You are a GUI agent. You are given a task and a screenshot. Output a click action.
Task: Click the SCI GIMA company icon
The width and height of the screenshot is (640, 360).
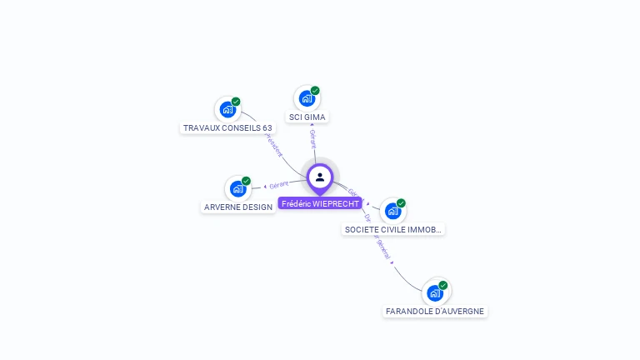pyautogui.click(x=307, y=98)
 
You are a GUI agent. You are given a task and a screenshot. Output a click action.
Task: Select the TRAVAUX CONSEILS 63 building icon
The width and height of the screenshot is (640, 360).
pyautogui.click(x=227, y=109)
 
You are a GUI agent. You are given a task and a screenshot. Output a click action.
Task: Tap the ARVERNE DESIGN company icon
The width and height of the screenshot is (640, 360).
pyautogui.click(x=237, y=188)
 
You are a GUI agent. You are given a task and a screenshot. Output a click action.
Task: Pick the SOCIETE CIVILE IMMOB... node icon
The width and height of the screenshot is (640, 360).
pyautogui.click(x=392, y=211)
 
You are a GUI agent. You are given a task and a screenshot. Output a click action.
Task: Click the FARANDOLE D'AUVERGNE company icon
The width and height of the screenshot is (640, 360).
pyautogui.click(x=434, y=292)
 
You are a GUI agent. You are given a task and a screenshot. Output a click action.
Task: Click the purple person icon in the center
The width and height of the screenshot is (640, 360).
pyautogui.click(x=320, y=177)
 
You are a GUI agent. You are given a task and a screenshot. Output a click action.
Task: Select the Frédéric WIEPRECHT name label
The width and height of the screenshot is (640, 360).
pyautogui.click(x=320, y=203)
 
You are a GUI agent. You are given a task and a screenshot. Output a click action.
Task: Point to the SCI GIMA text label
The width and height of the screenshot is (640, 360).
pyautogui.click(x=307, y=117)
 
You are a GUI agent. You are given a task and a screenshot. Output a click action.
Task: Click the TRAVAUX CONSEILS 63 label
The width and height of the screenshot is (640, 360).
pyautogui.click(x=227, y=128)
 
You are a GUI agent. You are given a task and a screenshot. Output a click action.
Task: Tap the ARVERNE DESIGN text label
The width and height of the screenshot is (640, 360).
pyautogui.click(x=238, y=207)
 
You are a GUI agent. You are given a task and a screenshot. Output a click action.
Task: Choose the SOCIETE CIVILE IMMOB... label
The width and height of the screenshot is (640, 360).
pyautogui.click(x=393, y=229)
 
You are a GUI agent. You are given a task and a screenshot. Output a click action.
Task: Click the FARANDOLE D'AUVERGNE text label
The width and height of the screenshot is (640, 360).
pyautogui.click(x=434, y=312)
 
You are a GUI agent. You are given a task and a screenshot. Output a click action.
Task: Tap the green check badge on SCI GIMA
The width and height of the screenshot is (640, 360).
pyautogui.click(x=315, y=91)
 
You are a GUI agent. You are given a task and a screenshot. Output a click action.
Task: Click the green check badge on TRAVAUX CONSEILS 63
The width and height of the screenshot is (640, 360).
pyautogui.click(x=236, y=102)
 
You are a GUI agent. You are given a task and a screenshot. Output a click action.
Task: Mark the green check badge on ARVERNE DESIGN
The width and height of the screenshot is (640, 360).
pyautogui.click(x=246, y=181)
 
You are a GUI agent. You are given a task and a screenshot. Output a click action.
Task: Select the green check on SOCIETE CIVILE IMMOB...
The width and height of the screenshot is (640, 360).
pyautogui.click(x=401, y=203)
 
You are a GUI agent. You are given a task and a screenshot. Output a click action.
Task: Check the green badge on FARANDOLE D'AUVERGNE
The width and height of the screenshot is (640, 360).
pyautogui.click(x=443, y=285)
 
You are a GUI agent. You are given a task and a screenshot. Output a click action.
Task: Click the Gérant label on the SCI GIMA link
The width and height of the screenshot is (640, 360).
pyautogui.click(x=312, y=137)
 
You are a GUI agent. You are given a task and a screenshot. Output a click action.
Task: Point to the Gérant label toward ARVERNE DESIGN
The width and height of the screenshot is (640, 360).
pyautogui.click(x=279, y=184)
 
